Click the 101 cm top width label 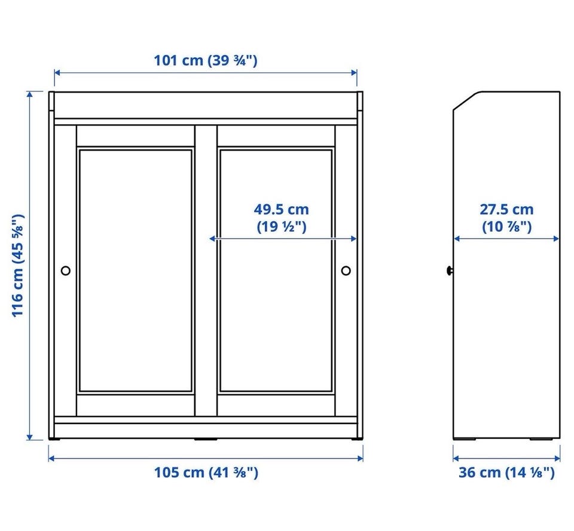tap(205, 60)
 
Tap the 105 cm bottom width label tap(206, 472)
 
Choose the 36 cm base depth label tap(506, 472)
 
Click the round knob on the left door tap(66, 271)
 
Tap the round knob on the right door tap(346, 271)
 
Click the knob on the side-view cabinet tap(450, 271)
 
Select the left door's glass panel tap(136, 270)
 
